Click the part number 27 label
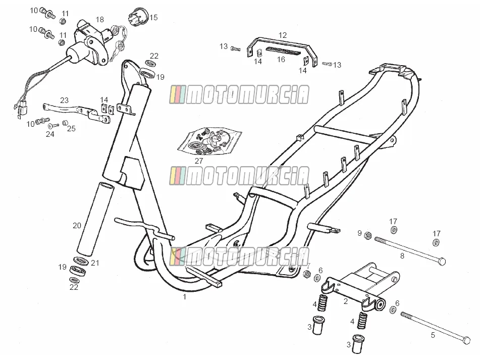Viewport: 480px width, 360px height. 199,161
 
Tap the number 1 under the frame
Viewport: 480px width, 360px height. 184,296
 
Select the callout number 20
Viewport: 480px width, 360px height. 77,226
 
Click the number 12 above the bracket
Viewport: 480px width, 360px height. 283,35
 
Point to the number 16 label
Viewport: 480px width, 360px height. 281,60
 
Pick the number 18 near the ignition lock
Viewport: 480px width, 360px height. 100,20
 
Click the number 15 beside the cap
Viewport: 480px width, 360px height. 153,18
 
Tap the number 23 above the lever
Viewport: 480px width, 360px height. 64,100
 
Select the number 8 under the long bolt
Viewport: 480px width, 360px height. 402,256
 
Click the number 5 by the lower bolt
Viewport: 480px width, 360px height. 433,335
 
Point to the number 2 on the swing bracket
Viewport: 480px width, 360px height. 346,301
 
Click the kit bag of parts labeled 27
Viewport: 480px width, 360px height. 209,140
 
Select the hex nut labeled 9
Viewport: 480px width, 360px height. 368,236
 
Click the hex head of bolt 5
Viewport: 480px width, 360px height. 466,340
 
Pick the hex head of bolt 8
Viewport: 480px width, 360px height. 442,262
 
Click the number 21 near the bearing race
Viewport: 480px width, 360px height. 95,263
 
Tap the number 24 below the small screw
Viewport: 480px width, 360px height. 50,134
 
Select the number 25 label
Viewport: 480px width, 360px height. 71,129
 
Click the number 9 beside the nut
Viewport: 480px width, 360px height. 360,233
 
